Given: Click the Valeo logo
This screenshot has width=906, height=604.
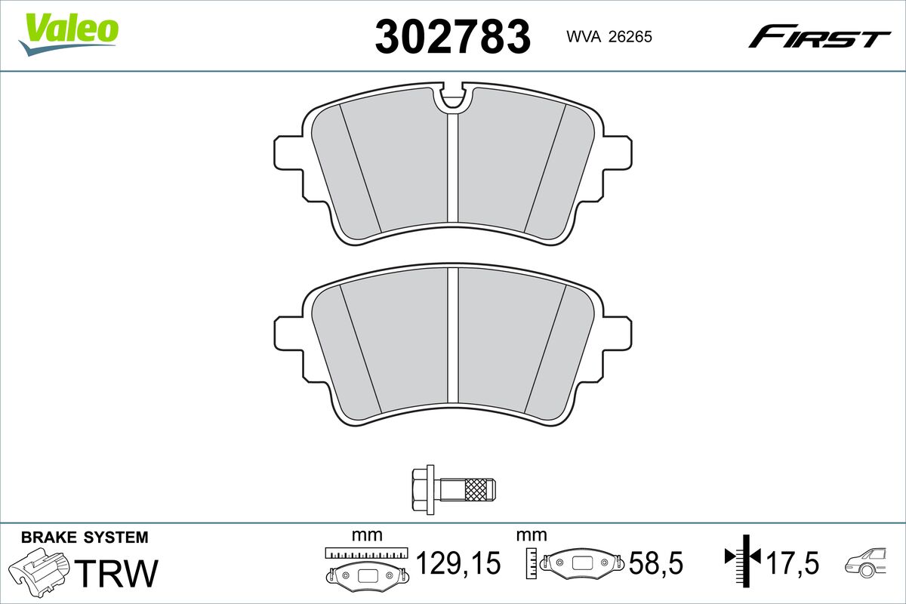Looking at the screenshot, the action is click(69, 35).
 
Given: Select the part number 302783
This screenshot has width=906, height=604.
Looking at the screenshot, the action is click(452, 37).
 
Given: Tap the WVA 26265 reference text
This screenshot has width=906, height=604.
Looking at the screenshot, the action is click(609, 37).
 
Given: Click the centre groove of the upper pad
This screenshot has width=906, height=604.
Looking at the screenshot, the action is click(453, 168).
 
